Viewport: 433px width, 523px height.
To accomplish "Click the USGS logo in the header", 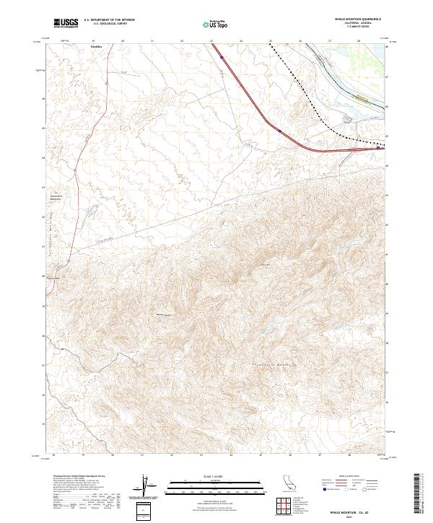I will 66,23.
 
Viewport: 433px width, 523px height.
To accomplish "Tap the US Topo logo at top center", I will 216,24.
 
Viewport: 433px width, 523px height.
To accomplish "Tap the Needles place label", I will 96,46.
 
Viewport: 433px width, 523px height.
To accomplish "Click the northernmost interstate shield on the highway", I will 222,57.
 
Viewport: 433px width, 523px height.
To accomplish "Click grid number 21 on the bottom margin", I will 143,456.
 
